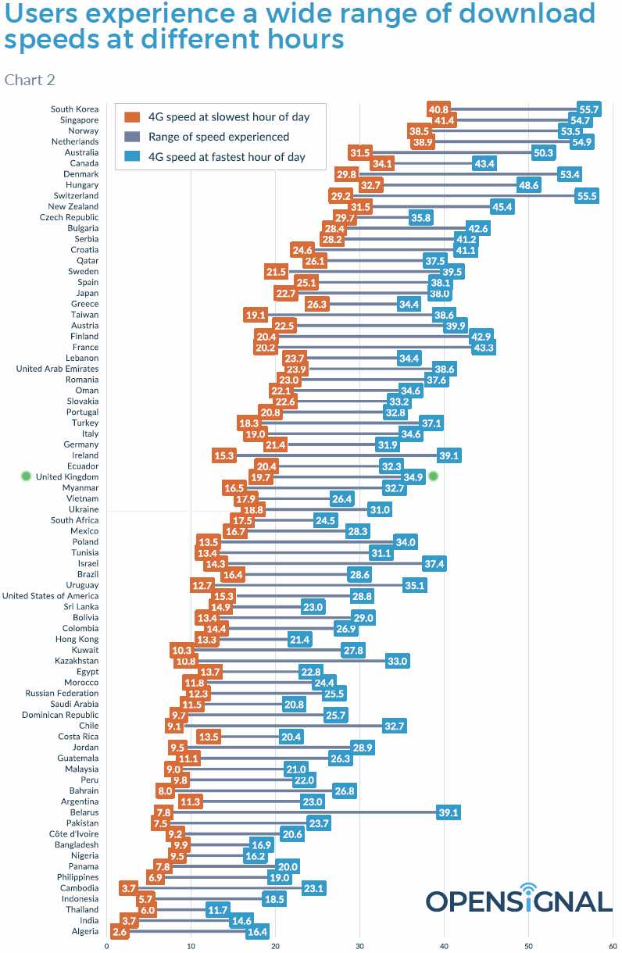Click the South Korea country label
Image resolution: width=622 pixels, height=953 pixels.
tap(74, 109)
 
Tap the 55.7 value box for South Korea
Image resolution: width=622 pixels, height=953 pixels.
tap(588, 109)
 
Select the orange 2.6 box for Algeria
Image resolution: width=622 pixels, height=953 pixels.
tap(120, 931)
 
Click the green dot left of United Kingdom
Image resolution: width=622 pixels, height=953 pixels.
tap(26, 476)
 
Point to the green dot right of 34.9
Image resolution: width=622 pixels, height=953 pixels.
tap(434, 476)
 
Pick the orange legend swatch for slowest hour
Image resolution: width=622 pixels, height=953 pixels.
tap(132, 117)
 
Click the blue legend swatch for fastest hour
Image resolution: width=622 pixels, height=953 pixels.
tap(132, 157)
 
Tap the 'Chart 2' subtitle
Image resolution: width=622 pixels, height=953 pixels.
tap(30, 80)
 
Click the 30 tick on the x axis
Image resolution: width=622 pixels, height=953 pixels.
tap(359, 947)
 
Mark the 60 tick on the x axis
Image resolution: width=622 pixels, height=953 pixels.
tap(613, 947)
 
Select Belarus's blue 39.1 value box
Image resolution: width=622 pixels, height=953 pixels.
tap(449, 812)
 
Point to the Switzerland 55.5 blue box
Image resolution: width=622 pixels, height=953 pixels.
tap(587, 196)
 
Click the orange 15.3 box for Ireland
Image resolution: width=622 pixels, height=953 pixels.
tap(223, 455)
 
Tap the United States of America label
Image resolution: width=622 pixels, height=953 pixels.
tap(50, 596)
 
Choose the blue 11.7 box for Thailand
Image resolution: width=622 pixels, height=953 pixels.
tap(216, 909)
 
